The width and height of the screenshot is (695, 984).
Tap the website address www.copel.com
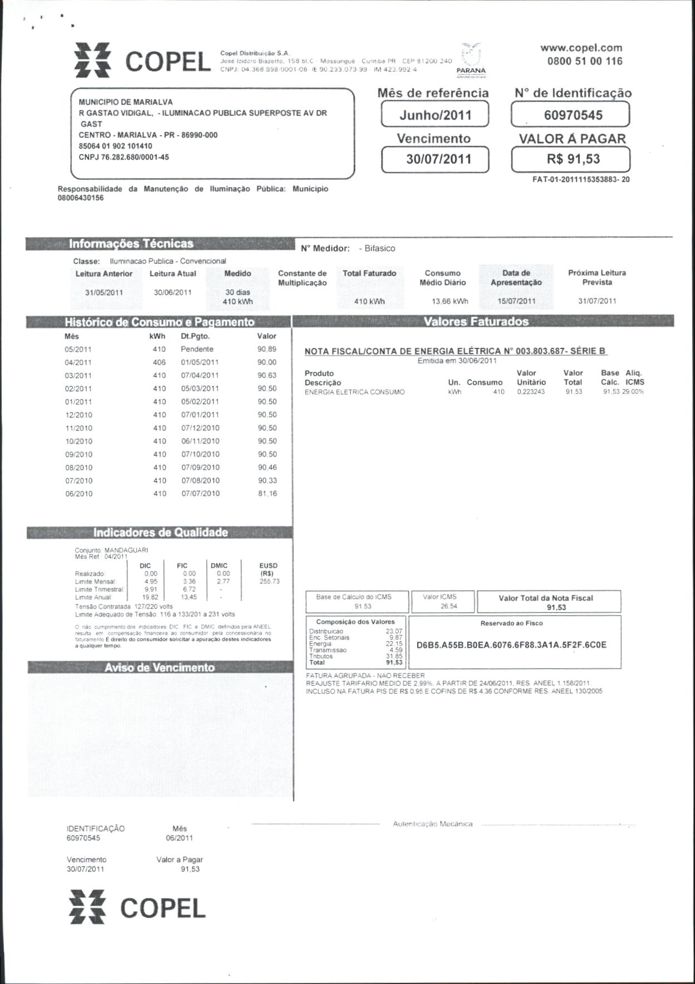tap(581, 48)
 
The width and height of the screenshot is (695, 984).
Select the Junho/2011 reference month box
tap(435, 115)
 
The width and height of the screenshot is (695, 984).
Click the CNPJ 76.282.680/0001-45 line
tap(124, 157)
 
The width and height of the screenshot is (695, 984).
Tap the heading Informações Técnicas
tap(131, 244)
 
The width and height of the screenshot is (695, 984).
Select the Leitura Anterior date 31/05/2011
tap(104, 293)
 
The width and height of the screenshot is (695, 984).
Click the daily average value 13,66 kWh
tap(449, 301)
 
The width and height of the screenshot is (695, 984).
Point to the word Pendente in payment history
tap(197, 349)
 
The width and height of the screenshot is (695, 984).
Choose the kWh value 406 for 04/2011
tap(159, 362)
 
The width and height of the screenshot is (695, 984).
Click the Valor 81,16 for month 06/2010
tap(267, 494)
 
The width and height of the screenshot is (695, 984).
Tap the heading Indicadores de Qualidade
tap(160, 533)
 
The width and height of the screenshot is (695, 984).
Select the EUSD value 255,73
tap(270, 581)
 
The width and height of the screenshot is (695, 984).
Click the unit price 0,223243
tap(531, 392)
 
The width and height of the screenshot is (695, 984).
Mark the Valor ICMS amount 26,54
tap(448, 606)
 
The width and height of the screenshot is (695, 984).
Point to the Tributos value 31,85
tap(394, 656)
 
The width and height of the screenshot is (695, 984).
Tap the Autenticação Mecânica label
tap(433, 824)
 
